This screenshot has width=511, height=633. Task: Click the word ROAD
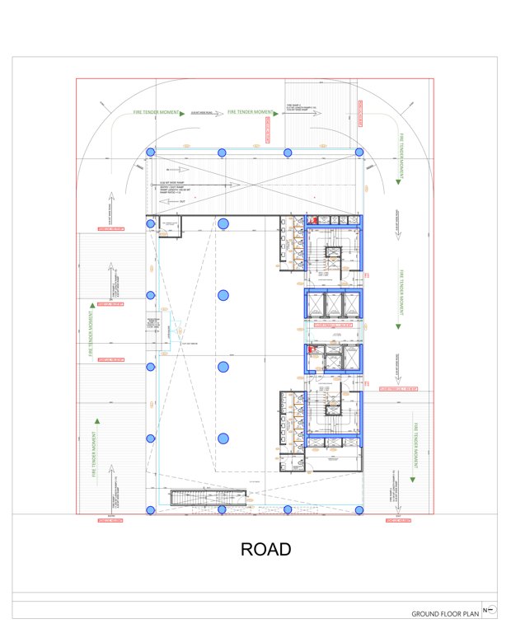[265, 550]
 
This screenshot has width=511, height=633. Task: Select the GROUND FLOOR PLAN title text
[445, 614]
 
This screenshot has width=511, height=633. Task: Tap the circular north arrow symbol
[491, 610]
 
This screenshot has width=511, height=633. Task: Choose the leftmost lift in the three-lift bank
[317, 304]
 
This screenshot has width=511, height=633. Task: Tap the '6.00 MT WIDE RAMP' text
[173, 181]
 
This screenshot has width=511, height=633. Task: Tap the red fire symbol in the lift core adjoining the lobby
[312, 349]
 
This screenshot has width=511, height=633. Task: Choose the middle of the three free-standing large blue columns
[223, 366]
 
